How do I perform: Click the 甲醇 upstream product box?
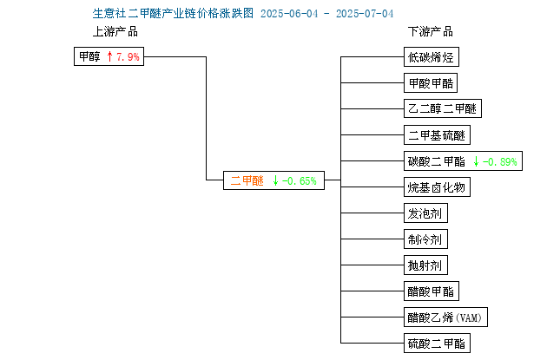coord(109,56)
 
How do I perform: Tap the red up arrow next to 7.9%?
coord(110,56)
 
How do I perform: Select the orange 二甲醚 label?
coord(247,180)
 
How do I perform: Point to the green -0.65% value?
coord(299,181)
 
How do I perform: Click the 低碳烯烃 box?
coord(432,56)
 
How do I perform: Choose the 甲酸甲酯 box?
coord(431,83)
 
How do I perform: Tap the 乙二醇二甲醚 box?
coord(443,108)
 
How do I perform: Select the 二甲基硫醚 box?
coord(437,134)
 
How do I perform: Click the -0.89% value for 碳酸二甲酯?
coord(499,161)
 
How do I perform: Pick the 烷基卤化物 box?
coord(437,187)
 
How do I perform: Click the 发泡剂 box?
coord(425,213)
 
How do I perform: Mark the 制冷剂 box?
coord(425,239)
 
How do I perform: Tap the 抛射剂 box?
coord(425,265)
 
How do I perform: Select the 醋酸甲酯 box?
coord(432,291)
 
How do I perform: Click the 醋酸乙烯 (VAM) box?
coord(445,317)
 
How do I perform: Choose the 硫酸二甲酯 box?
coord(437,344)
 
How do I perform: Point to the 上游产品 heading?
coord(115,32)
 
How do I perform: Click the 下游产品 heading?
coord(431,32)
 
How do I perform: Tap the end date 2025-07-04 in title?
coord(365,14)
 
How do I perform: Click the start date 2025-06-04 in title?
coord(289,14)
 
